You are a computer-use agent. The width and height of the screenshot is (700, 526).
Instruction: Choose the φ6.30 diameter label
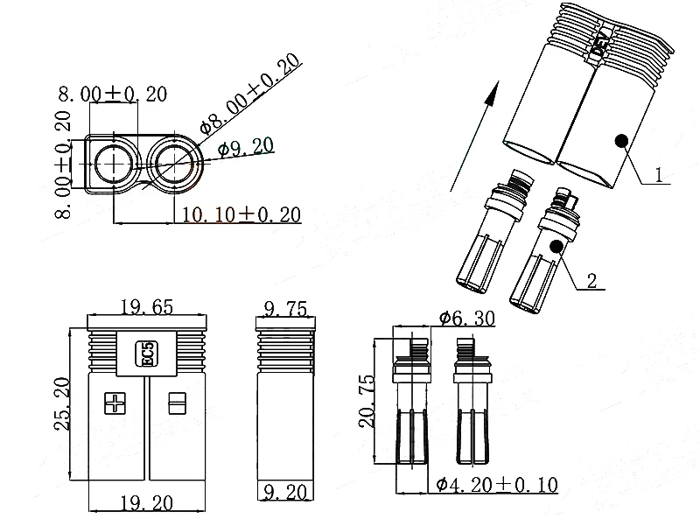click(465, 319)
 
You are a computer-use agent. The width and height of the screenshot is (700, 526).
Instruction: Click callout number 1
click(662, 174)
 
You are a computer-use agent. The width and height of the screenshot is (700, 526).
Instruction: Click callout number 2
click(591, 281)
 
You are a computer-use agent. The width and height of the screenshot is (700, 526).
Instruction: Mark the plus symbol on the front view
click(115, 403)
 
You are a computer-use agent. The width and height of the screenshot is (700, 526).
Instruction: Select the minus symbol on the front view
click(178, 403)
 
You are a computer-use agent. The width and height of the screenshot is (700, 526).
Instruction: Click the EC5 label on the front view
click(147, 355)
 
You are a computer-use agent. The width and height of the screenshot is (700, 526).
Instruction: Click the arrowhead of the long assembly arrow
click(494, 86)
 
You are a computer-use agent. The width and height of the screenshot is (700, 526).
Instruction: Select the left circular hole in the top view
click(113, 163)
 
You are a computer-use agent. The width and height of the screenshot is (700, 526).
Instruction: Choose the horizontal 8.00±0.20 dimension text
click(113, 95)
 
